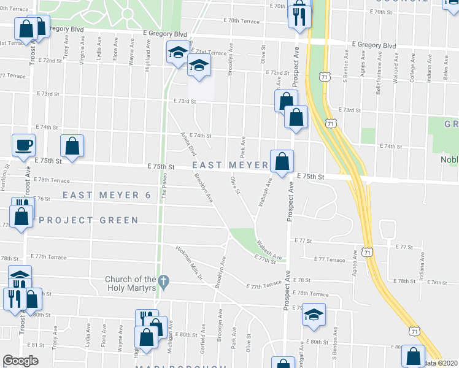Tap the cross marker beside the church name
click(163, 282)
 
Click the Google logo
click(20, 361)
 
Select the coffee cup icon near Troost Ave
click(24, 145)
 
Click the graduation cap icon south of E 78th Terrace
click(314, 315)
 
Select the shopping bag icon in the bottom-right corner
click(413, 356)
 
